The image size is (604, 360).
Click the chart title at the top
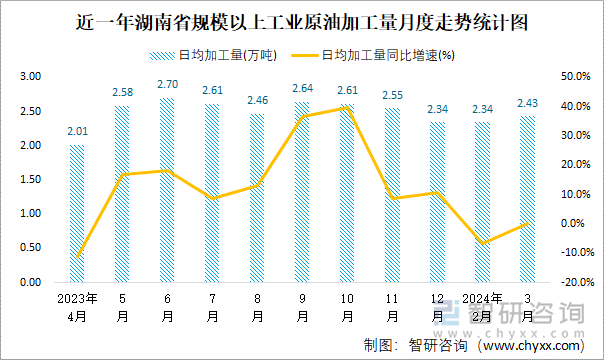point(302,20)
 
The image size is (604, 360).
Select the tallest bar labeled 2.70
point(167,190)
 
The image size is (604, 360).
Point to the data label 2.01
point(77,132)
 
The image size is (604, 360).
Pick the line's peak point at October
point(348,107)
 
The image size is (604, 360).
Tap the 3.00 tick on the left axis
point(30,77)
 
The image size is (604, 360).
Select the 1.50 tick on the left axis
point(30,180)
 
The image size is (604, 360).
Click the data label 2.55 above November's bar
point(393,95)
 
